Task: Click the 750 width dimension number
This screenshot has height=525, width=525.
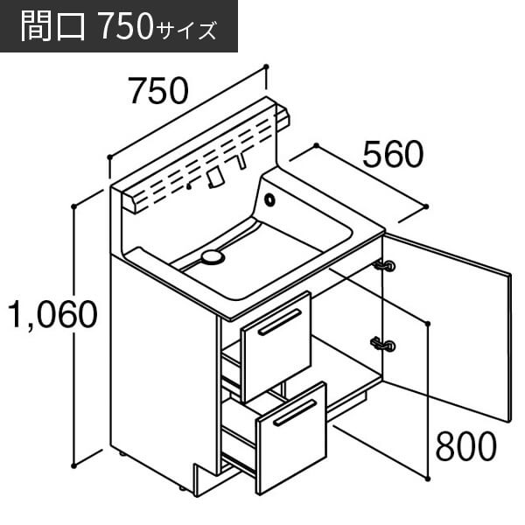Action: [159, 91]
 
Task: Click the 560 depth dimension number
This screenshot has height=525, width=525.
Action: [393, 154]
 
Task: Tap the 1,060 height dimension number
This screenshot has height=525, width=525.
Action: [52, 315]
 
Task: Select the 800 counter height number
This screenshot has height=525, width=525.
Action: [466, 446]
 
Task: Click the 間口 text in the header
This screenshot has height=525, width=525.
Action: [52, 26]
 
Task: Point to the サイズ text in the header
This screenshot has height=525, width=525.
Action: [185, 31]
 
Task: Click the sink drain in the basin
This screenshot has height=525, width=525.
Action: [212, 258]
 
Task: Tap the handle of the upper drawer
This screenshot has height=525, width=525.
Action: [279, 322]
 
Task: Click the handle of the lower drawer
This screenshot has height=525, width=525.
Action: [295, 413]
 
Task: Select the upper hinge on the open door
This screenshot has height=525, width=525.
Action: [384, 266]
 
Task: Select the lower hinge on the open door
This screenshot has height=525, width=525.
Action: [384, 345]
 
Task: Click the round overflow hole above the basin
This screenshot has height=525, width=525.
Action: [269, 199]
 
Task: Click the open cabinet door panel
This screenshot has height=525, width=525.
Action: [446, 326]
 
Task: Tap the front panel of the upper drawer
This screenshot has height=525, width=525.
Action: [276, 346]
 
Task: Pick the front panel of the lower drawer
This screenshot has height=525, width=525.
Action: [291, 438]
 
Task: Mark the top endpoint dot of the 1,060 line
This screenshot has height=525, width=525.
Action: [74, 206]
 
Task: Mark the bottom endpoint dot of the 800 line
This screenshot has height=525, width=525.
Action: [428, 479]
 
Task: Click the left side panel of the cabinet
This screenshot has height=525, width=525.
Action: [164, 368]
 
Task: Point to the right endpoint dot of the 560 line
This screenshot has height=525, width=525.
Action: [426, 206]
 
